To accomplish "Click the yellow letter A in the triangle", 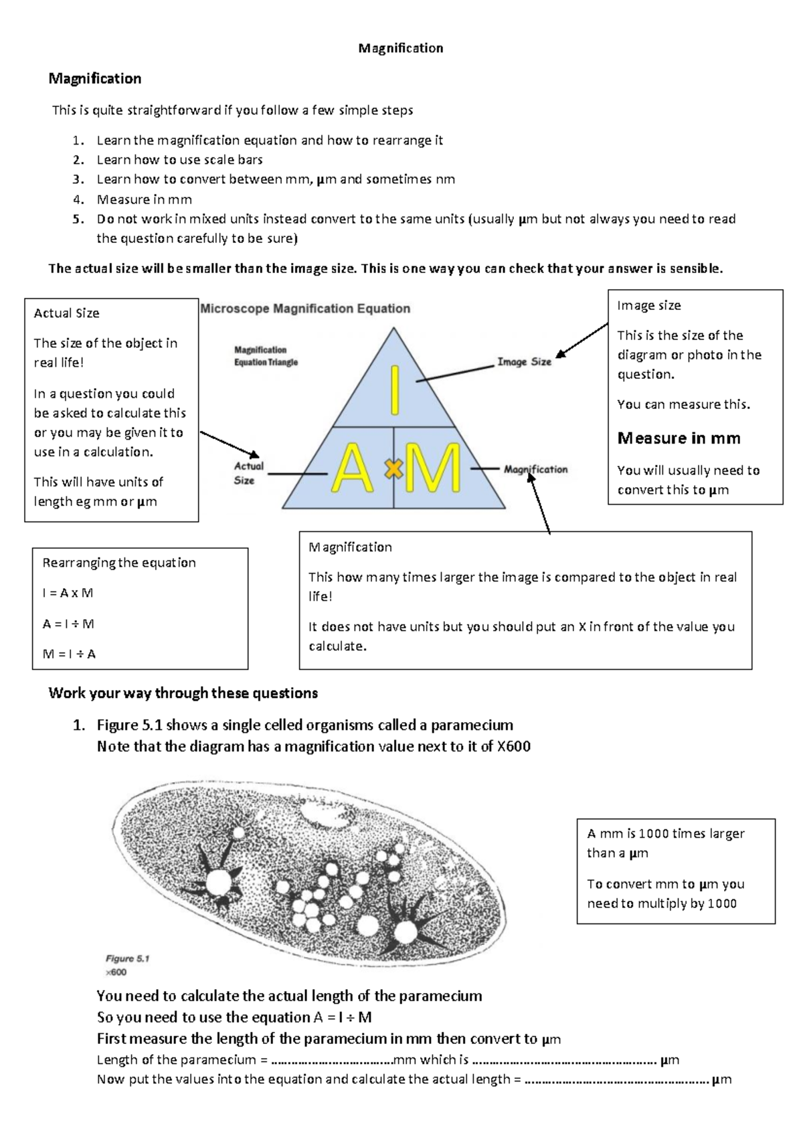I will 353,469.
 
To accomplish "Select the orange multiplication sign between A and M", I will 393,470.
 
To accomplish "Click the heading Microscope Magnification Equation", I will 305,309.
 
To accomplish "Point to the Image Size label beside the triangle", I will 524,362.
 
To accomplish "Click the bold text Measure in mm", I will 679,438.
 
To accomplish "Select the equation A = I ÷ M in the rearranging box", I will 68,624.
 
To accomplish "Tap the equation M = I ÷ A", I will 69,654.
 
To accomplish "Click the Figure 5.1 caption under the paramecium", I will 127,958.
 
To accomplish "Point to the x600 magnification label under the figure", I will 116,972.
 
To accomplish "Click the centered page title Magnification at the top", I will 400,48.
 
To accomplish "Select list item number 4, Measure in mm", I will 144,199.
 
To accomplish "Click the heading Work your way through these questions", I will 183,693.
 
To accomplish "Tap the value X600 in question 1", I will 513,746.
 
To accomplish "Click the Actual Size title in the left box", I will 66,313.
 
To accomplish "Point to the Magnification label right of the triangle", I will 535,470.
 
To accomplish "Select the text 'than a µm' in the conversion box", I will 617,853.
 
